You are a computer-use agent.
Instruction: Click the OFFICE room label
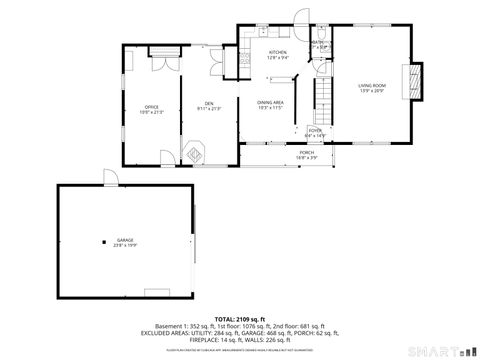[x=152, y=106]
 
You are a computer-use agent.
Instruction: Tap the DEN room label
[x=210, y=103]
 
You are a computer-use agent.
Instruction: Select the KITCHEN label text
[x=278, y=52]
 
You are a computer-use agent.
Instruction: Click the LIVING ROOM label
[x=371, y=86]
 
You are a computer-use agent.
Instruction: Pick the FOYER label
[x=315, y=130]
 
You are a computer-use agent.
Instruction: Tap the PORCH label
[x=306, y=152]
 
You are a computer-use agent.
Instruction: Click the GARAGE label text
[x=125, y=240]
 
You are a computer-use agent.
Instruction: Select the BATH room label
[x=318, y=42]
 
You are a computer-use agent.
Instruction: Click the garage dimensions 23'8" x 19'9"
[x=125, y=245]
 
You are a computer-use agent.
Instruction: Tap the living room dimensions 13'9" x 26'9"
[x=371, y=91]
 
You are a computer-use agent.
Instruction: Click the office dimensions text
[x=152, y=111]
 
